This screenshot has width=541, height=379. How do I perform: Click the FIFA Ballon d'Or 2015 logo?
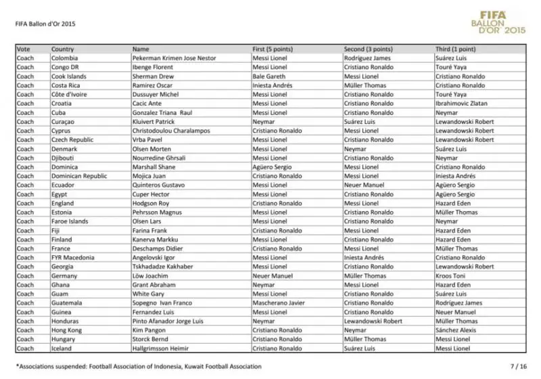pos(501,22)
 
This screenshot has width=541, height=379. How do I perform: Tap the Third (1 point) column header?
pos(455,49)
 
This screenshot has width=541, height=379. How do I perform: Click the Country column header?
pos(62,49)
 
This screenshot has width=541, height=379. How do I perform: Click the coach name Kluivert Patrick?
pos(154,122)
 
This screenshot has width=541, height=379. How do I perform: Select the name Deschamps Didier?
pos(158,248)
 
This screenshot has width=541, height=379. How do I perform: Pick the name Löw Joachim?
pos(149,275)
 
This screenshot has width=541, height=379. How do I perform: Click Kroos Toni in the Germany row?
pos(452,275)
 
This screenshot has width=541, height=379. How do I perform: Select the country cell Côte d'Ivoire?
pos(69,95)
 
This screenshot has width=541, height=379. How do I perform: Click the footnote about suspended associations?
pos(138,366)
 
